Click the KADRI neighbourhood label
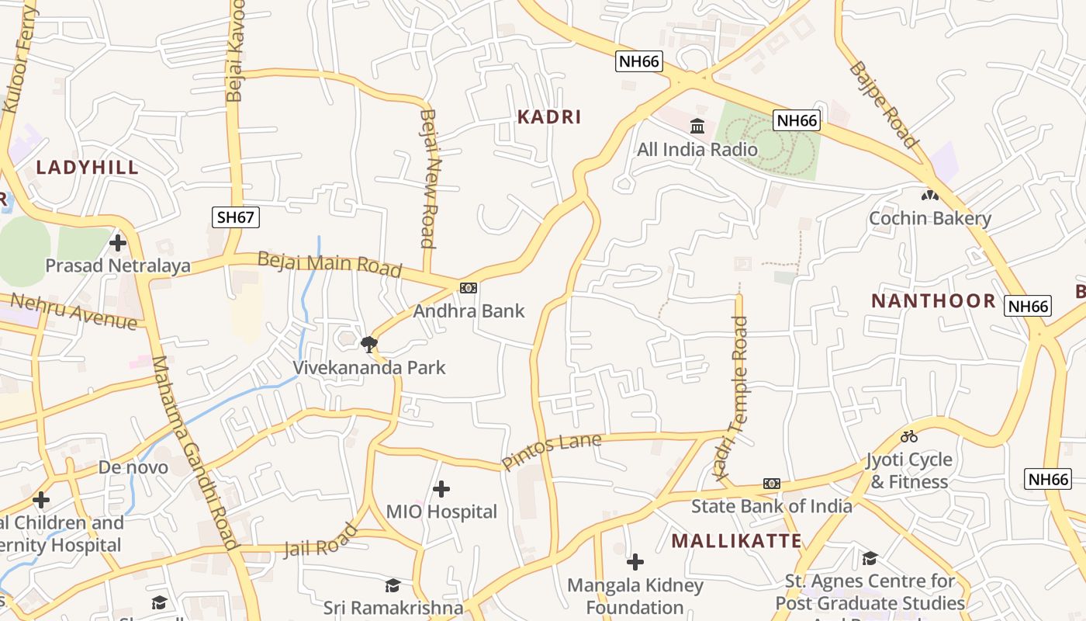[549, 117]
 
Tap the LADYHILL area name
[88, 168]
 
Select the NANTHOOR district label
[933, 301]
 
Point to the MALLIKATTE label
[736, 541]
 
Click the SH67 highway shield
[236, 217]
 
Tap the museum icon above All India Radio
[697, 126]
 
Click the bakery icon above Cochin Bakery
[929, 195]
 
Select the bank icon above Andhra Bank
[468, 288]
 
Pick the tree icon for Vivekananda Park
[368, 343]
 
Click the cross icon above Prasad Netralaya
[118, 243]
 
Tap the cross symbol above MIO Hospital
[441, 489]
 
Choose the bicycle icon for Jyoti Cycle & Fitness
[909, 436]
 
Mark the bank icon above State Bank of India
[771, 484]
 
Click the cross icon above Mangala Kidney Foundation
[635, 561]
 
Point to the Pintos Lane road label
[552, 452]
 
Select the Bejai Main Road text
[330, 264]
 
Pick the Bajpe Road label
[884, 105]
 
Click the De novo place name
[133, 467]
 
